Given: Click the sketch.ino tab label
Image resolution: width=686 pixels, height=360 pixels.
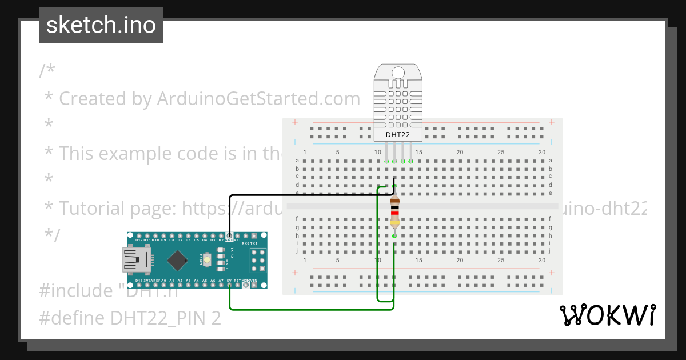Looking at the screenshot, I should coord(101,25).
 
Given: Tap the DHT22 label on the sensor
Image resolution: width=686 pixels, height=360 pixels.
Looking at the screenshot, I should coord(398,134).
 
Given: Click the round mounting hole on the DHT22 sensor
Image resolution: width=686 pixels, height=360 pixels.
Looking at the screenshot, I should coord(398,73).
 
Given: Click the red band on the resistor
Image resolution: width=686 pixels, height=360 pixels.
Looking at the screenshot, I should coord(394,213).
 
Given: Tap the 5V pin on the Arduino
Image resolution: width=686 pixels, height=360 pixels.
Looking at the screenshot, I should coord(229,285).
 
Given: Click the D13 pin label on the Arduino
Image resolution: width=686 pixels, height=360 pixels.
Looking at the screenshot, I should coord(139,281).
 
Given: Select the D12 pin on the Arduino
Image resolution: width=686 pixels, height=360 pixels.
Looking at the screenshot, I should coord(139,235).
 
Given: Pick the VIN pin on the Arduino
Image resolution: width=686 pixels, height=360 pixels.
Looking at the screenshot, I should coord(254,285).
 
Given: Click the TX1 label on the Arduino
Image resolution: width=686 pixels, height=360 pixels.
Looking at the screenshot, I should coord(254,243).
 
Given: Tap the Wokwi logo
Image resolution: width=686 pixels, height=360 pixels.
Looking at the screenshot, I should coord(607,315).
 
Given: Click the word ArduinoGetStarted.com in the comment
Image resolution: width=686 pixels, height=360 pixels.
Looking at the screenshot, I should coord(258,99).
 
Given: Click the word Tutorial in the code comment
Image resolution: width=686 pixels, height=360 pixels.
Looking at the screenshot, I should coord(93,209).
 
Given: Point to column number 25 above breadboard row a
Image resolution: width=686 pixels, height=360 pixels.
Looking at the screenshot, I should coord(501,153).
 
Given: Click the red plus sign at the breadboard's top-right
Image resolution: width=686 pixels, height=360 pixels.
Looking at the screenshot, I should coord(551,122).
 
